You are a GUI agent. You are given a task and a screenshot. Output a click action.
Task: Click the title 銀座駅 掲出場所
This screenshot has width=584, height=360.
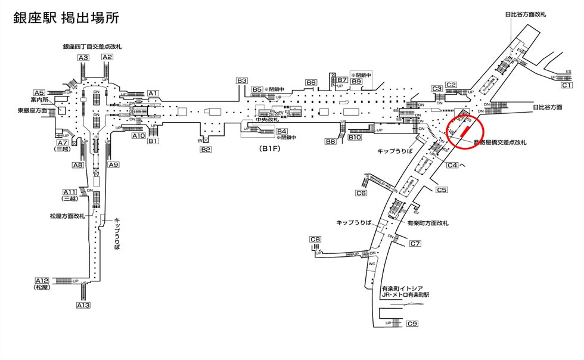coord(66,18)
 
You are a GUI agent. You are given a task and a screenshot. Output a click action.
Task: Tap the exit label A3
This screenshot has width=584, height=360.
coord(83,58)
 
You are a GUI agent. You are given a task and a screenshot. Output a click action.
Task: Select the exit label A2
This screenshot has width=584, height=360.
coord(107,58)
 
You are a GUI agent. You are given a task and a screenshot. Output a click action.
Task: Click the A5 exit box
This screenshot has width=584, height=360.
coord(39,93)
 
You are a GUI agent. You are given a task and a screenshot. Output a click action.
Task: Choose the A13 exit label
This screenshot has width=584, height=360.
coord(83,305)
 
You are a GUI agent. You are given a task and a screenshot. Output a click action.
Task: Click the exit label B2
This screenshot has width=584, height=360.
coord(206,149)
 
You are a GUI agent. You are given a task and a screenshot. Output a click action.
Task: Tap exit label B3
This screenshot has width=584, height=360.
coord(241,80)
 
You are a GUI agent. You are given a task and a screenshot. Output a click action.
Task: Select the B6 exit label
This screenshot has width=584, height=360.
coord(311,82)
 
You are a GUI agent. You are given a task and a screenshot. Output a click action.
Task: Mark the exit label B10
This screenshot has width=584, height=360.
coord(355,138)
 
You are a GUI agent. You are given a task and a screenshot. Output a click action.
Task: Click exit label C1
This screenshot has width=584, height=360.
coord(567,85)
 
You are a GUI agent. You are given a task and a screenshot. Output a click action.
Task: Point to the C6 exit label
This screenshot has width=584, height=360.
coord(361,193)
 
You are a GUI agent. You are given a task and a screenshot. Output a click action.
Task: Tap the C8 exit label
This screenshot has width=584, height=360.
coord(315,240)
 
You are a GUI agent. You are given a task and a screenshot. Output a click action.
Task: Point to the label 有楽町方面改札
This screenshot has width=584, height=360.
coord(428,223)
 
